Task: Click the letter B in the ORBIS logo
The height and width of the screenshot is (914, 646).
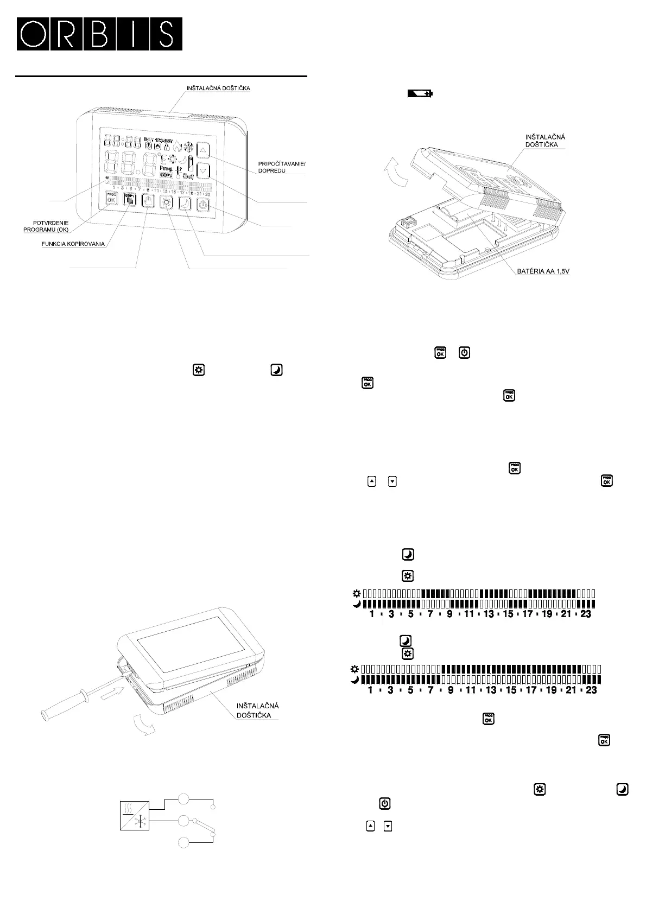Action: pos(99,34)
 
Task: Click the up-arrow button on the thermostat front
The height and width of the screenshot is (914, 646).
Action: pos(203,150)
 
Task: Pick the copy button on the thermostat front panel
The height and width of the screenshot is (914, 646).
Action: pos(129,200)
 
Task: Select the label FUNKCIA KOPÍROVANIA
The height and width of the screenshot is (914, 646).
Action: pos(73,244)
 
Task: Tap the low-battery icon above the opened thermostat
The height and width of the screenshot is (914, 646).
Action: pos(420,94)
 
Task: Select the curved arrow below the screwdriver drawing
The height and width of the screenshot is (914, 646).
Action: pos(143,726)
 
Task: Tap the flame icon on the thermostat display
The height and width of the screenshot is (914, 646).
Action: pos(177,145)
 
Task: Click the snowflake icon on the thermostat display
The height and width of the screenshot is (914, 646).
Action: pos(189,145)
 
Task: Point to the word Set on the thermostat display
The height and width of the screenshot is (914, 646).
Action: pos(188,176)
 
